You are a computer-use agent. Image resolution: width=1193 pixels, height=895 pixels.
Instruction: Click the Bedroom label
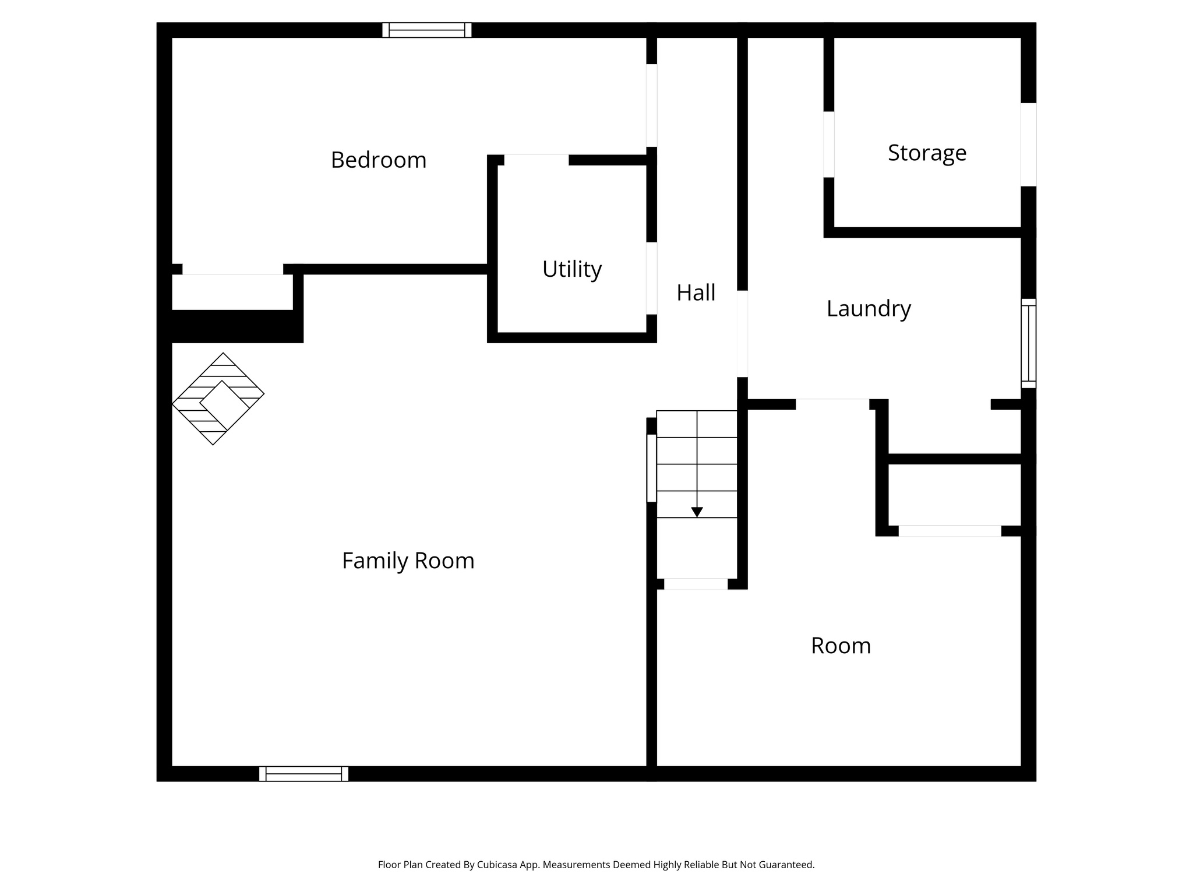[x=379, y=160]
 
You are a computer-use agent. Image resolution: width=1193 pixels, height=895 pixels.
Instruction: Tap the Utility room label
[x=571, y=269]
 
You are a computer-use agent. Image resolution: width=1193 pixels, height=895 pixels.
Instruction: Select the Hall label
[x=696, y=293]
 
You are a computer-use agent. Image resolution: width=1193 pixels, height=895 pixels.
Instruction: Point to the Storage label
[x=927, y=153]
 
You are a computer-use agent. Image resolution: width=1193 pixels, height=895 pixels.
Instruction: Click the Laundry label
[x=869, y=308]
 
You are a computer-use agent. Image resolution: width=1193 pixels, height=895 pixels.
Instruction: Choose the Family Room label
[x=408, y=561]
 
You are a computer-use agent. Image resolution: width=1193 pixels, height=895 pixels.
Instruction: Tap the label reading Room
[x=841, y=646]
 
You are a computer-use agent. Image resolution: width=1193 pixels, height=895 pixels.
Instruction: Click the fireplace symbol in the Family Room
[x=218, y=399]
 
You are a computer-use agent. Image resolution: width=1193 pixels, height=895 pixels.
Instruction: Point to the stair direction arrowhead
[x=697, y=512]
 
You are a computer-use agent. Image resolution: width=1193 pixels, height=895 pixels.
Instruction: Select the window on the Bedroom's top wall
[x=426, y=30]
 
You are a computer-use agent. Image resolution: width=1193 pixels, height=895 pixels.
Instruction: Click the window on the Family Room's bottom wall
[x=303, y=774]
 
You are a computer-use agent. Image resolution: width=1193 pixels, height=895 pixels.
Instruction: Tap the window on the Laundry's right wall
[x=1028, y=343]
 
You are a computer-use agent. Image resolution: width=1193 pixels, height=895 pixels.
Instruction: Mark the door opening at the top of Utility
[x=536, y=160]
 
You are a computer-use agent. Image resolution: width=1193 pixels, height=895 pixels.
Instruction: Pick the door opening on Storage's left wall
[x=828, y=144]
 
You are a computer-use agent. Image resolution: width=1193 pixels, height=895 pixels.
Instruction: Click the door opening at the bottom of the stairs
[x=696, y=584]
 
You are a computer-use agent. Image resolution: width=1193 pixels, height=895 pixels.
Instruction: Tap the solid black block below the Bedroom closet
[x=233, y=326]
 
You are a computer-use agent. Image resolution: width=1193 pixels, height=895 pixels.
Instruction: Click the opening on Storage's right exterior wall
[x=1028, y=145]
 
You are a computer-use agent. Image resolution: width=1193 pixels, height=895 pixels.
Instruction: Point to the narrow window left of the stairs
[x=651, y=468]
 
